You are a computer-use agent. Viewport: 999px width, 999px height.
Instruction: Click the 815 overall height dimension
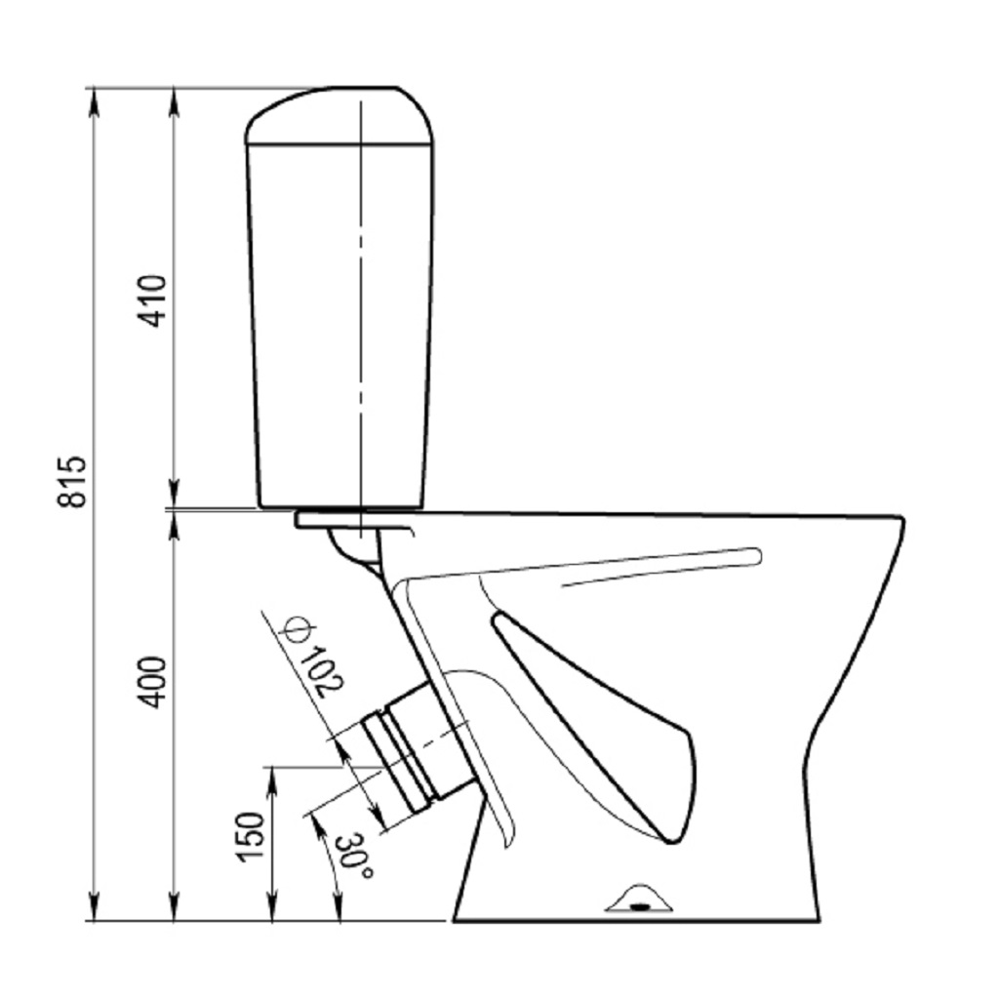point(71,482)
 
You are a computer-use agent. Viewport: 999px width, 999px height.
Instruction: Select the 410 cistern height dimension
point(152,300)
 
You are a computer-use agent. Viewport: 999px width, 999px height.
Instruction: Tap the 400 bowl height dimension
point(152,682)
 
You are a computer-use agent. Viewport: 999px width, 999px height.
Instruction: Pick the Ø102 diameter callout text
point(315,657)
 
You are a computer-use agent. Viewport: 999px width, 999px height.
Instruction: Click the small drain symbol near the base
point(640,899)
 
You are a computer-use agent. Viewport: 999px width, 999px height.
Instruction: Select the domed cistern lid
point(340,115)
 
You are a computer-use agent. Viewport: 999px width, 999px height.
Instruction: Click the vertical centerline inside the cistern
point(361,319)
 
